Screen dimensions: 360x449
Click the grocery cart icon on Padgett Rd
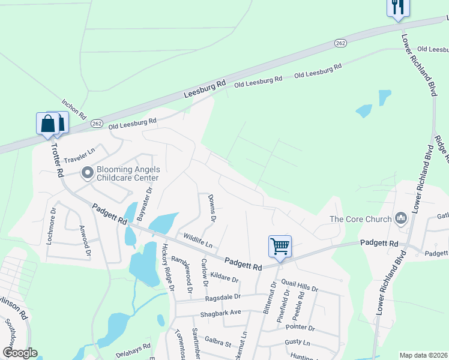click(280, 245)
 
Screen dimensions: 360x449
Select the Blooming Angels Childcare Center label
click(120, 173)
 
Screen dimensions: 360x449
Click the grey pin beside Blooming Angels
click(88, 173)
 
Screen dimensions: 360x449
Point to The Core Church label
click(360, 219)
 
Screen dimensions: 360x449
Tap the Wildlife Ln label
click(198, 241)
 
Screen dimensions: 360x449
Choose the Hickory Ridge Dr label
click(167, 267)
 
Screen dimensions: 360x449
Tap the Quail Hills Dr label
click(298, 287)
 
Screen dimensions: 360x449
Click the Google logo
click(20, 353)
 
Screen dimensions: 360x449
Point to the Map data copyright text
click(423, 355)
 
